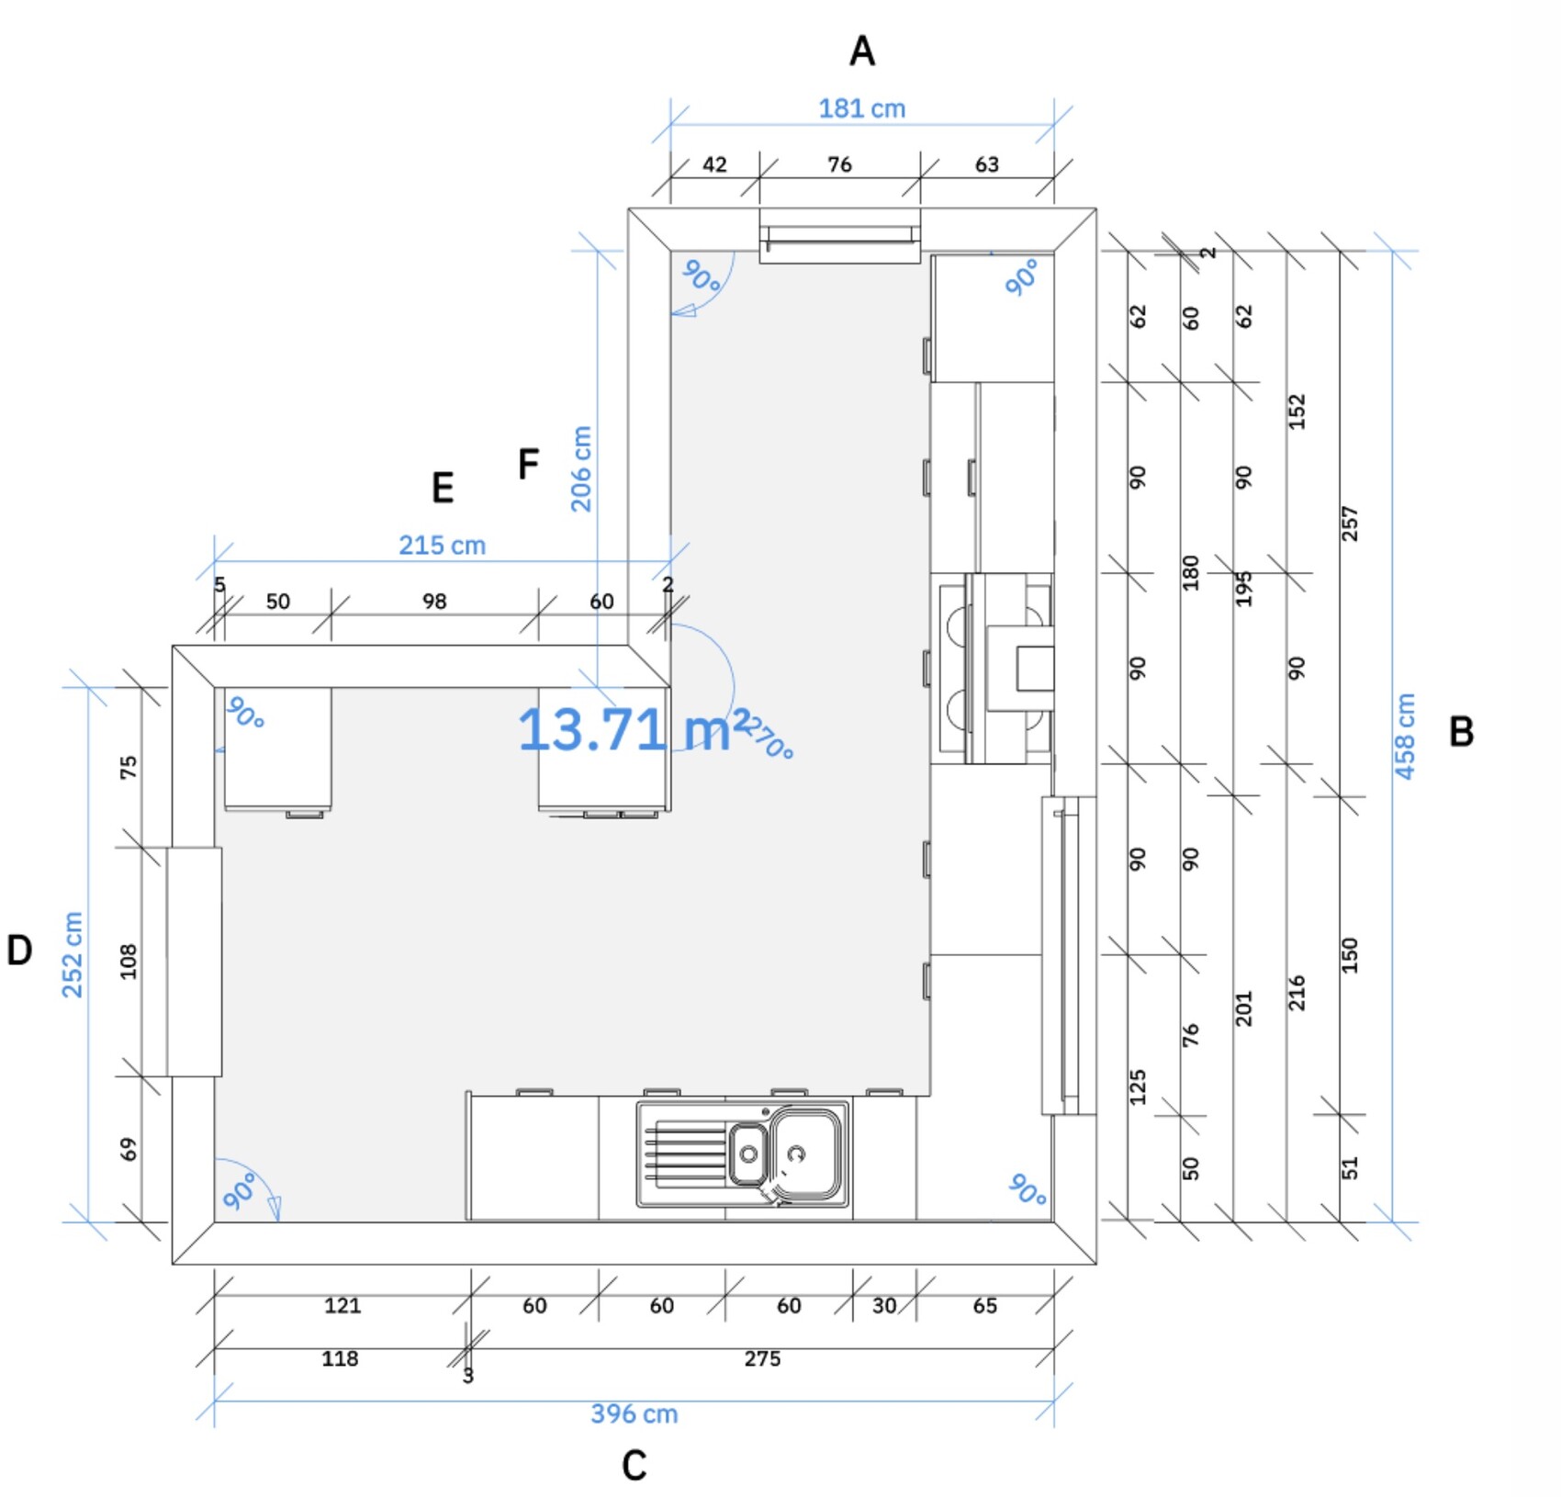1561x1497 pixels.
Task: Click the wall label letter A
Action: point(861,51)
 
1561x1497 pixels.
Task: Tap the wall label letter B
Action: point(1461,731)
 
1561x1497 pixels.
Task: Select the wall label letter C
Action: point(634,1466)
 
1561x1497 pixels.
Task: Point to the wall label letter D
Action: point(19,950)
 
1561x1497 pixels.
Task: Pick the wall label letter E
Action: point(443,488)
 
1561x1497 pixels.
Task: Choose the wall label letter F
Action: point(528,464)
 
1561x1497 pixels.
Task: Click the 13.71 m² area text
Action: point(635,729)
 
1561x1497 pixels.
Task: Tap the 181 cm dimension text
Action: point(862,108)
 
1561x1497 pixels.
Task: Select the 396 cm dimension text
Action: point(635,1413)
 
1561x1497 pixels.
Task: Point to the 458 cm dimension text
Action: point(1405,737)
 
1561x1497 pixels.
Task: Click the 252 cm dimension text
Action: point(73,954)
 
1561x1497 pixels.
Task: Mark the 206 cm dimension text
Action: point(581,468)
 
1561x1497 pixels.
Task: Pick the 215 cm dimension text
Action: point(442,546)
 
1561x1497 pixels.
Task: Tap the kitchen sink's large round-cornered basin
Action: point(805,1154)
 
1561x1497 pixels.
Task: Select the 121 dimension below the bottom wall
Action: point(343,1305)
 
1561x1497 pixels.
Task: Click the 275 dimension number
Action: point(762,1358)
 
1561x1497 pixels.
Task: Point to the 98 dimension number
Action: point(434,602)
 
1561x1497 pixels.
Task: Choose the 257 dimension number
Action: point(1349,523)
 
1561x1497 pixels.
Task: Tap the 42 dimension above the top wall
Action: point(714,164)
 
